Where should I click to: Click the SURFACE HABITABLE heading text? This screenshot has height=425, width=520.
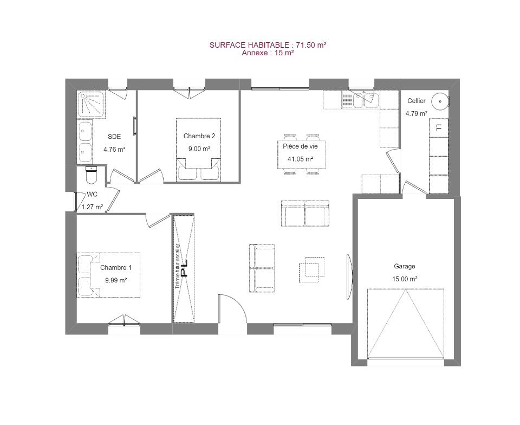coord(268,45)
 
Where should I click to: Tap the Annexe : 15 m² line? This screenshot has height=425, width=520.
coord(268,53)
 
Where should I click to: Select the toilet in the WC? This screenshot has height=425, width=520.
coord(91,175)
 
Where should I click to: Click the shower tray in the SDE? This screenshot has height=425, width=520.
coord(91,105)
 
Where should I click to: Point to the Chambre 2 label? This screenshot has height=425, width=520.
coord(199,136)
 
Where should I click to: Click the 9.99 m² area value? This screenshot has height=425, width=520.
coord(116,280)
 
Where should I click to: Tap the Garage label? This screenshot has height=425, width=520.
coord(405,266)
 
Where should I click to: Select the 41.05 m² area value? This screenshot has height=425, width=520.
coord(300,159)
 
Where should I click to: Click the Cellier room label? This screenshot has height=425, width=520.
coord(416,100)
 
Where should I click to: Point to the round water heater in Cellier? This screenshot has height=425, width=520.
coord(440,101)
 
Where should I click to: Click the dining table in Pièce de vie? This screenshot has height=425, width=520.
coord(302,154)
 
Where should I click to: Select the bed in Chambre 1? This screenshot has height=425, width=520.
coord(108,275)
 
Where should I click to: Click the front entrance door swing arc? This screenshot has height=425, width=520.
coord(238,303)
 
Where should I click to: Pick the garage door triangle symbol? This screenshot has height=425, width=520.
coord(406,324)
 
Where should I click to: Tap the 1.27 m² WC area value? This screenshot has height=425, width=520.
coord(92,207)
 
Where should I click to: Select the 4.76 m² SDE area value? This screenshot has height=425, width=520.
coord(114,149)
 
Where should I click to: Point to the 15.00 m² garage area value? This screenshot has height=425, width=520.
coord(405,279)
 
